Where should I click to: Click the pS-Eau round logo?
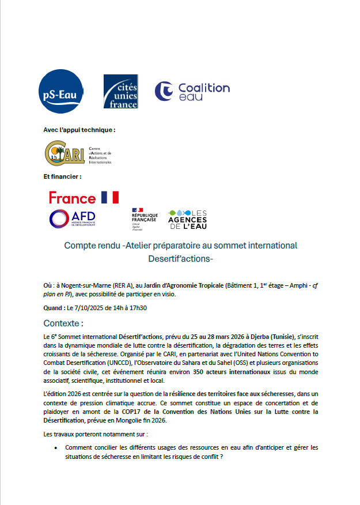click(x=62, y=91)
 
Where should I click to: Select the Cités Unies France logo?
click(x=121, y=91)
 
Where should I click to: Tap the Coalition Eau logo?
click(x=192, y=92)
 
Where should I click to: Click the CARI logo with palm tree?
click(x=60, y=152)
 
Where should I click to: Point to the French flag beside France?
click(x=110, y=197)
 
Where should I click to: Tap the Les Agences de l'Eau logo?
click(x=187, y=218)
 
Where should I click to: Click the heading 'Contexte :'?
click(x=63, y=323)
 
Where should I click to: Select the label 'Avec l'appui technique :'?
click(x=79, y=130)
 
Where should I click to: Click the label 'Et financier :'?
click(x=63, y=176)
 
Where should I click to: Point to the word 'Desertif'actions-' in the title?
click(x=180, y=259)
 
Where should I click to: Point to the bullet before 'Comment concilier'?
click(x=55, y=447)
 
